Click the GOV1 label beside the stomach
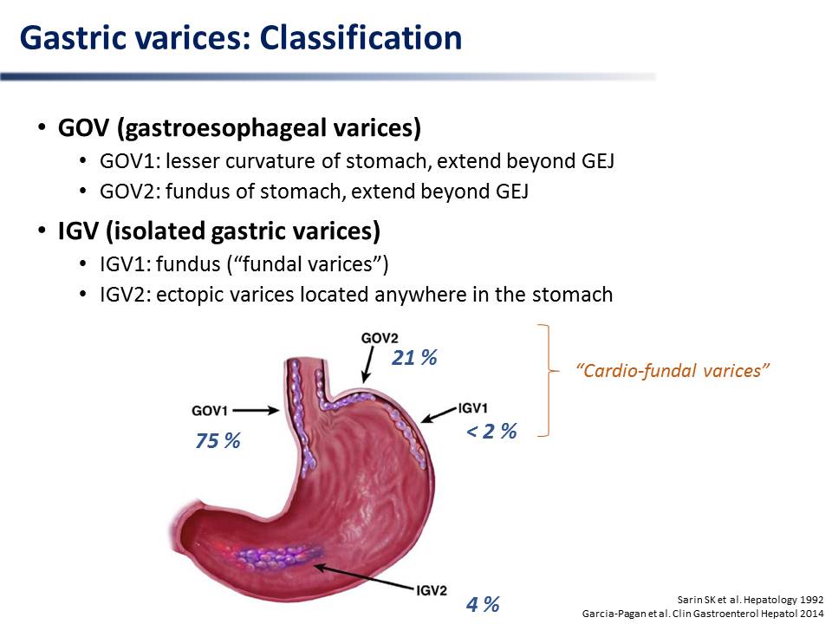210,411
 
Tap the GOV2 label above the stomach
380,338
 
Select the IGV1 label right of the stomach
473,408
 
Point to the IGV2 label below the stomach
432,590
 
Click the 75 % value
218,440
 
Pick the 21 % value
414,358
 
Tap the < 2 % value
491,431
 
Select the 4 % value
483,604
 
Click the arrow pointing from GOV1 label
256,410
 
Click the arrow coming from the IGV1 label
439,414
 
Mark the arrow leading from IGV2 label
365,577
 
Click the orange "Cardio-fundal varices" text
673,370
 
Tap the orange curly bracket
548,380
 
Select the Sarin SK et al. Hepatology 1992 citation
751,600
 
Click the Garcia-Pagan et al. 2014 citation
703,614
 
